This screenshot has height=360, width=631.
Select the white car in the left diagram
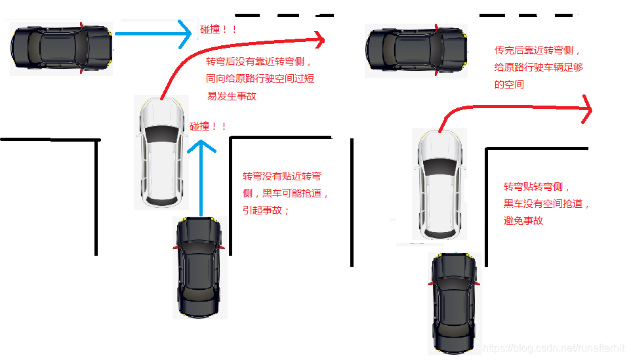pos(161,151)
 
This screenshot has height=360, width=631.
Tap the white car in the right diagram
pos(440,184)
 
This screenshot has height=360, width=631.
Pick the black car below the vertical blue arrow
pos(201,268)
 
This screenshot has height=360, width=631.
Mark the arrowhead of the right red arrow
pos(586,108)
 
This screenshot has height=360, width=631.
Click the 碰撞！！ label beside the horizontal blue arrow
pos(218,30)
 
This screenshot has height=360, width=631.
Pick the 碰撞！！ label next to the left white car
pos(208,127)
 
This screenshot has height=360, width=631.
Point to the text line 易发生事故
pos(232,96)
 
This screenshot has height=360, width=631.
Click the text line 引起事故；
pos(266,210)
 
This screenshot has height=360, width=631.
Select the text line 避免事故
pos(523,221)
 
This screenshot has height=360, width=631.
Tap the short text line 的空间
pos(509,85)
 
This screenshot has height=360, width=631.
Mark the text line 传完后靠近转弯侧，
pos(538,50)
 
